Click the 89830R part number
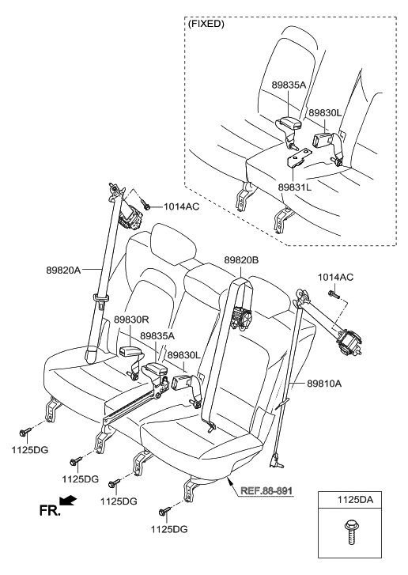132,320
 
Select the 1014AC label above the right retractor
337,277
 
